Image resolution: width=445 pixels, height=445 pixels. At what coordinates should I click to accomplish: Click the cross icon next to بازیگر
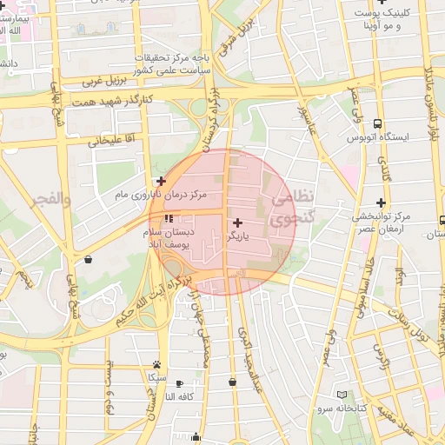click(x=238, y=223)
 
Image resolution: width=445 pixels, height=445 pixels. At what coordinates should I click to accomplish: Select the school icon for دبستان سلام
click(x=168, y=218)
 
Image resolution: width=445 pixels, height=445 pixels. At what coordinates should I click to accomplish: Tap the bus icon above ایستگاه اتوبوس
click(x=377, y=124)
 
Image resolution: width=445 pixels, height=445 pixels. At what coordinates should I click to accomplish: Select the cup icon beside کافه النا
click(x=180, y=383)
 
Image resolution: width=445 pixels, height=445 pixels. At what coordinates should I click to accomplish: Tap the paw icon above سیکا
click(x=156, y=365)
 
